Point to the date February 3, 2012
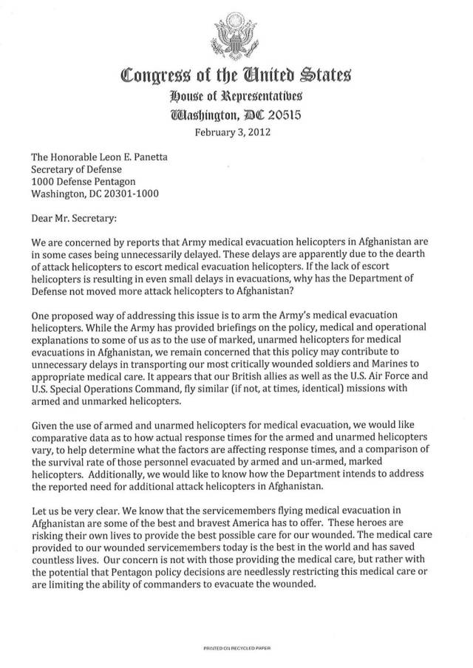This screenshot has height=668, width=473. tap(236, 134)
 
